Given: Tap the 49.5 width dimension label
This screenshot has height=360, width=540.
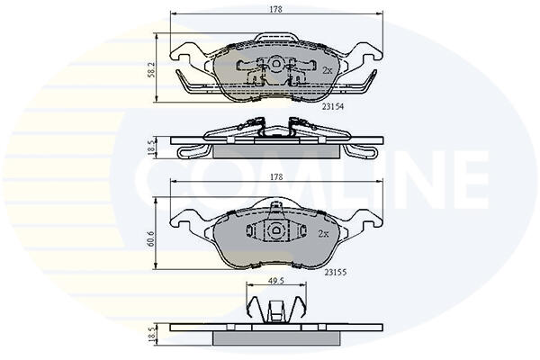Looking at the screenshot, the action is point(276,281).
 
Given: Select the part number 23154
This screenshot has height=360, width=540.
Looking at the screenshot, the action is point(333,107).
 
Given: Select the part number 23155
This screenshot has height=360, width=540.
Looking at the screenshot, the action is point(336,273).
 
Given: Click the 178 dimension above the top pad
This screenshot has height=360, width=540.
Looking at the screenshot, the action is point(276,10).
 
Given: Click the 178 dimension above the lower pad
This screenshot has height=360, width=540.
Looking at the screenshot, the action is point(276,177).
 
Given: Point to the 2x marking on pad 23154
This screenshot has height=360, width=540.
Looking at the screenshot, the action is point(328,70).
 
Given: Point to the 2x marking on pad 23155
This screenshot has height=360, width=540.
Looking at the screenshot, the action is point(323,234).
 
